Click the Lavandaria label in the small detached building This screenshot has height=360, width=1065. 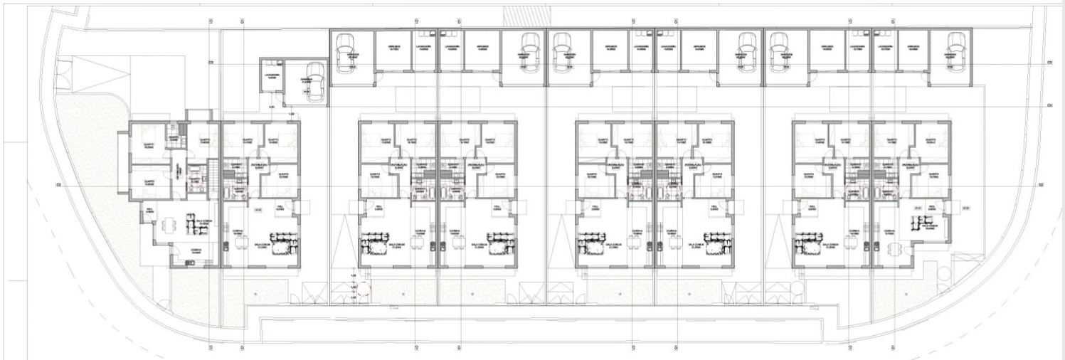coord(271,75)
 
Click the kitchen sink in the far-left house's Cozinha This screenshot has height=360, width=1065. coord(189,263)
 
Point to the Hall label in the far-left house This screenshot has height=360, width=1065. coord(150,211)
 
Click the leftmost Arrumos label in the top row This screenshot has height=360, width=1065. coord(393,48)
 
